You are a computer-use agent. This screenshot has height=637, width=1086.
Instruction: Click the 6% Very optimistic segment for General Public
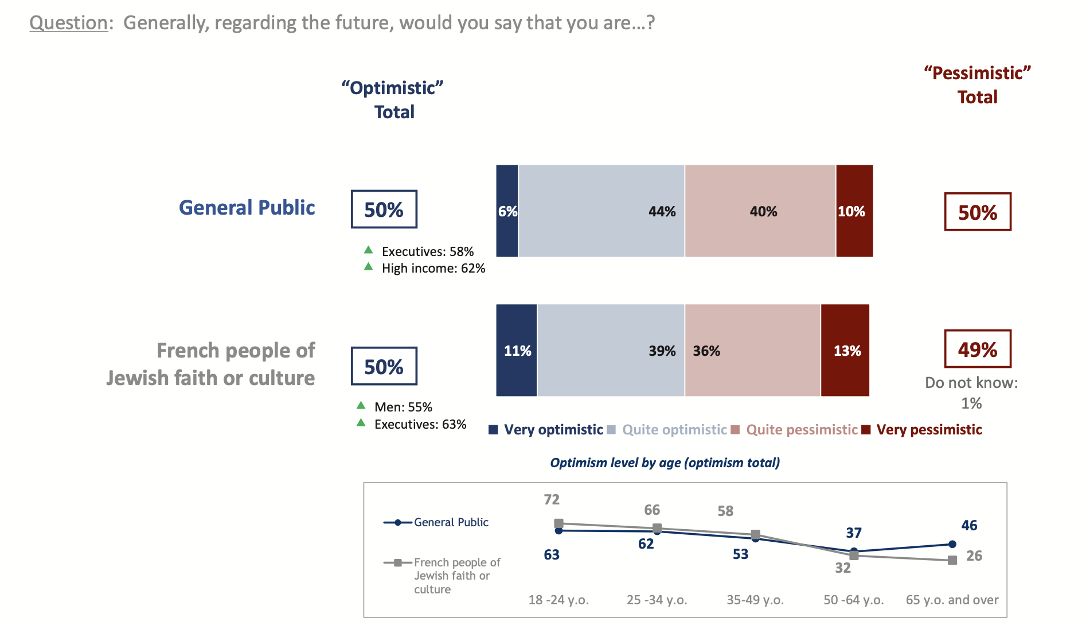pos(507,211)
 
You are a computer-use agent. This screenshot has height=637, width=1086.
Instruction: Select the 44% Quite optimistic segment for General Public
pos(601,211)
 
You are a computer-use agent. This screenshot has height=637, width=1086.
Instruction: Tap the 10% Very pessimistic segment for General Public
pos(854,211)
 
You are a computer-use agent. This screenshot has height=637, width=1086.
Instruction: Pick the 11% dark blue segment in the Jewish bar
pos(517,351)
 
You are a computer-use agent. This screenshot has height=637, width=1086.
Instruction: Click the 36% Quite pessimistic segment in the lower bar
pos(752,351)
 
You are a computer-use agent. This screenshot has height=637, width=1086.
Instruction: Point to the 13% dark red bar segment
pos(845,351)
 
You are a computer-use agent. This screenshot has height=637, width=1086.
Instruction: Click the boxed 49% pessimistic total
pos(978,349)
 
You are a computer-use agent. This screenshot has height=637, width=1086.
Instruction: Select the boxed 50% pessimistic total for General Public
pos(978,212)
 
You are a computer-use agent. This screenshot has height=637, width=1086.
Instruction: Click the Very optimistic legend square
pos(493,430)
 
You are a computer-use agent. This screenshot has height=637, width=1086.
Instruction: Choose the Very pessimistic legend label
pos(929,430)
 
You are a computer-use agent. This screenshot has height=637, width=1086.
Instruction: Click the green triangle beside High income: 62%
pos(369,267)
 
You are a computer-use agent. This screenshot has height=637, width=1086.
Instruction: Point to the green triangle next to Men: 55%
pos(361,406)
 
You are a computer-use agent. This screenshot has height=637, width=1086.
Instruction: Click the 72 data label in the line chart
pos(552,500)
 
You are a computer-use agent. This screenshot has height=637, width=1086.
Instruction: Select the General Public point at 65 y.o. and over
pos(952,544)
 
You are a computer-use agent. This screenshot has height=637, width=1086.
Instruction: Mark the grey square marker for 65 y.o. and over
pos(952,560)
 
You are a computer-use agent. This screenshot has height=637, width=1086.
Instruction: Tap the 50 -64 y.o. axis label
pos(854,600)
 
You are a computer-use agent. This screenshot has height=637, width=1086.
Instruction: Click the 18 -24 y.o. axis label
pos(558,600)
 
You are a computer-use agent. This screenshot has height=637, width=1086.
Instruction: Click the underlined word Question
pos(69,23)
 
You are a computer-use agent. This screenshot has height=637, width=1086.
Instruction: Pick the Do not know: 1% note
pos(971,393)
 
